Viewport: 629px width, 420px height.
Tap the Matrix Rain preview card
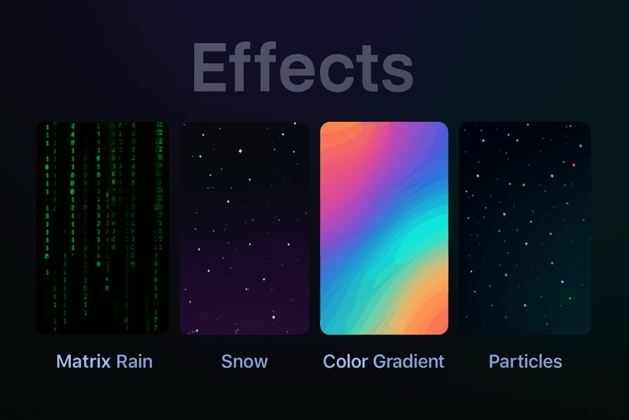(103, 228)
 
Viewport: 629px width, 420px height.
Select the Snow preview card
(244, 228)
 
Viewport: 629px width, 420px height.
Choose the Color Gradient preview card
(385, 228)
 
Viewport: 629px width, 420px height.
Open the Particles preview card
(525, 228)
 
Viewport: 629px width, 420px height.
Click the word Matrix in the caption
(79, 361)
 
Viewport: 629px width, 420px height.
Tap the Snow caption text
(244, 361)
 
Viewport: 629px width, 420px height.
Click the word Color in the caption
(345, 361)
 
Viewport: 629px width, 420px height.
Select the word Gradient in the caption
(408, 361)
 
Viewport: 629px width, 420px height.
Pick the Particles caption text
(525, 361)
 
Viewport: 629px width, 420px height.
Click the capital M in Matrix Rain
(63, 361)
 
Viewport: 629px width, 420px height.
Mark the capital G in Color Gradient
(379, 361)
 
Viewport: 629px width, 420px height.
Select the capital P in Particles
(494, 361)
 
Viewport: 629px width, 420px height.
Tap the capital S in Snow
(227, 361)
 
